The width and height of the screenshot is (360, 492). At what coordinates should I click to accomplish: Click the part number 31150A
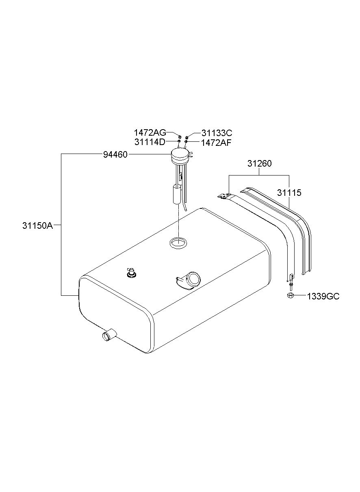[x=37, y=225]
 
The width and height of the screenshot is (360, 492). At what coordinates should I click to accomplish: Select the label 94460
[x=115, y=155]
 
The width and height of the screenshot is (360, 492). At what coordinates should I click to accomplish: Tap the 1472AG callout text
[x=150, y=133]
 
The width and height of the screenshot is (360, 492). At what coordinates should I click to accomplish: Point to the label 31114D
[x=150, y=142]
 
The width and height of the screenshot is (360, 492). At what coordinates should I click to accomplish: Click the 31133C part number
[x=217, y=133]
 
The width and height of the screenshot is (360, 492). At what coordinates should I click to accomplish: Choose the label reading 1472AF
[x=216, y=143]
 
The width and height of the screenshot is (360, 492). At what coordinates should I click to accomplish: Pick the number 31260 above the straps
[x=259, y=163]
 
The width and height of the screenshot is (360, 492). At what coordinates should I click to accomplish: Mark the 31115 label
[x=289, y=193]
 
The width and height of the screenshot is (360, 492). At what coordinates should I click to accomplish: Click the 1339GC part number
[x=323, y=297]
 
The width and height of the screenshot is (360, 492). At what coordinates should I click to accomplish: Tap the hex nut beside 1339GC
[x=290, y=295]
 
